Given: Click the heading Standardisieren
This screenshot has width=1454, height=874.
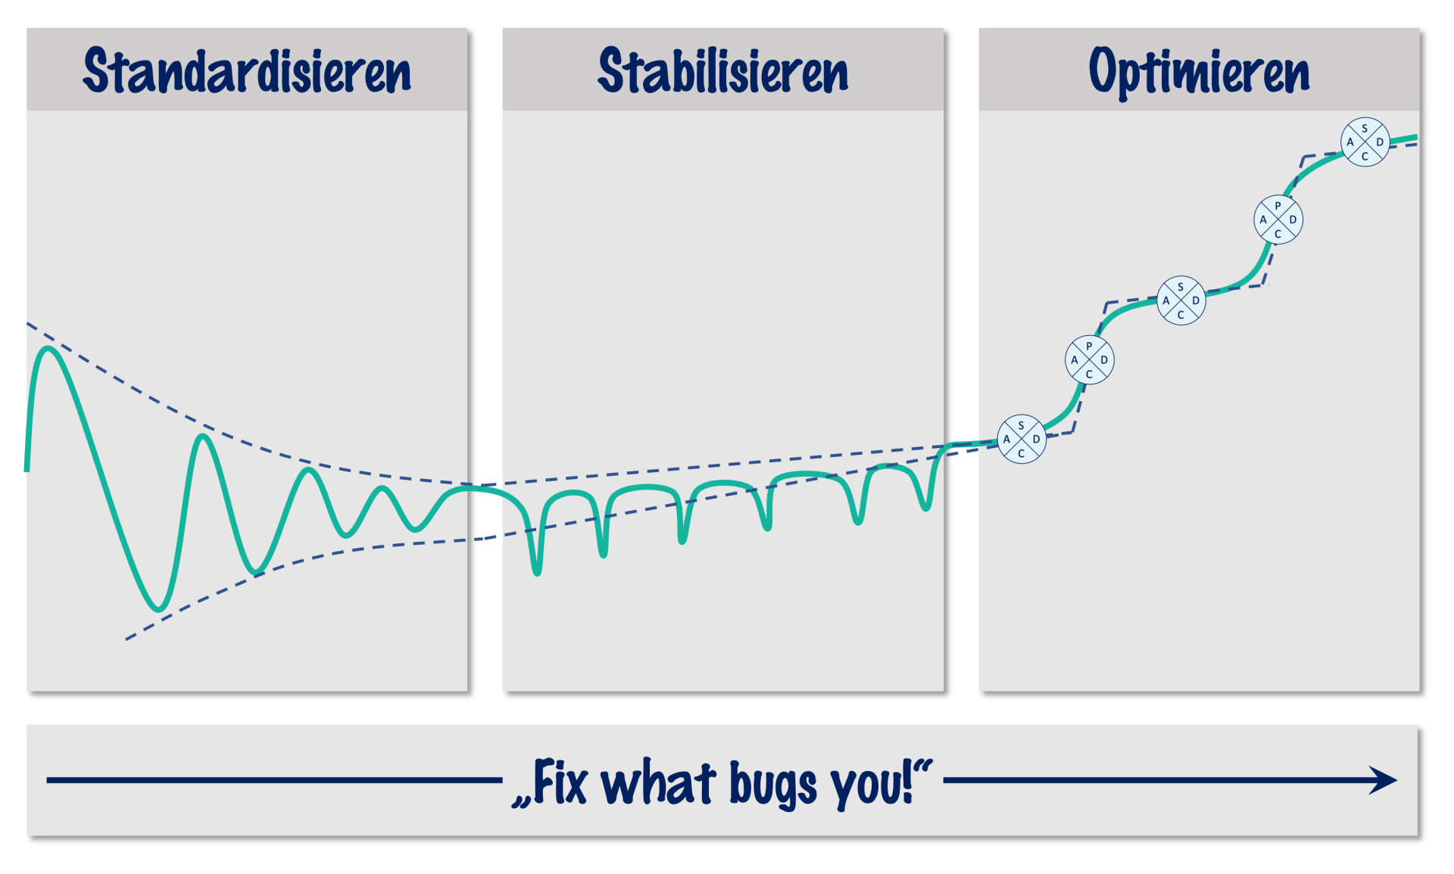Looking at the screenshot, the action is [x=247, y=71].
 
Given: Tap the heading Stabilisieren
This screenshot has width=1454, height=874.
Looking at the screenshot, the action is [x=723, y=71].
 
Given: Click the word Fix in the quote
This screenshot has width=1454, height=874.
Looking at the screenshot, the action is [x=560, y=782].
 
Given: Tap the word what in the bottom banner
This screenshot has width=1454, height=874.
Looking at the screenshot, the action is [x=658, y=782].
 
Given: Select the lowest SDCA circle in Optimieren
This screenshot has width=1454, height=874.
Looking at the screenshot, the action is [x=1022, y=439].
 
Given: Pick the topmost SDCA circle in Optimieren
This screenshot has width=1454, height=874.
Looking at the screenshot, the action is [x=1365, y=142].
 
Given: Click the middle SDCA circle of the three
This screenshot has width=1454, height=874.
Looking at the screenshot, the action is [x=1181, y=300].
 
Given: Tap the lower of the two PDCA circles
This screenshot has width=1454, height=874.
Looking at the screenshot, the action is [x=1089, y=359].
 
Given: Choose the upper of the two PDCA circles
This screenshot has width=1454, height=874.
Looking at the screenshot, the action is [x=1278, y=219].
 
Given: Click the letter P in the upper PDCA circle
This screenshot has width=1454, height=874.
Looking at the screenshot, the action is [x=1278, y=206].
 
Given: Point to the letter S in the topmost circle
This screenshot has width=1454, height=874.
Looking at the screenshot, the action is [x=1365, y=128].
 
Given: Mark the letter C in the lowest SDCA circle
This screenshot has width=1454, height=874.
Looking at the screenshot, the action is [x=1022, y=453].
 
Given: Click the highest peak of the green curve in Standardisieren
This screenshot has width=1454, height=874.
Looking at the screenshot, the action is [x=48, y=348].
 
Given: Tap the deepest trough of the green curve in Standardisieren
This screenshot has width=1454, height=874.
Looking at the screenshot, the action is [x=158, y=608].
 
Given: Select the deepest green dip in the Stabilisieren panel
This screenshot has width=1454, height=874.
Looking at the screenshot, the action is [x=537, y=572].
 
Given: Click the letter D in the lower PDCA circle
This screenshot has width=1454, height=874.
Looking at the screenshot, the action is [x=1104, y=359].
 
